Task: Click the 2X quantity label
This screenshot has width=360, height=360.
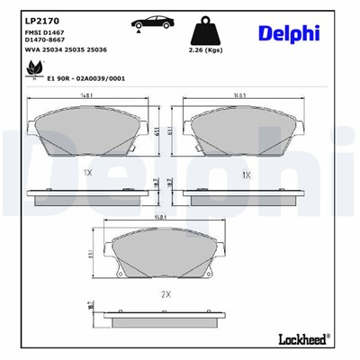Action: click(x=164, y=295)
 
